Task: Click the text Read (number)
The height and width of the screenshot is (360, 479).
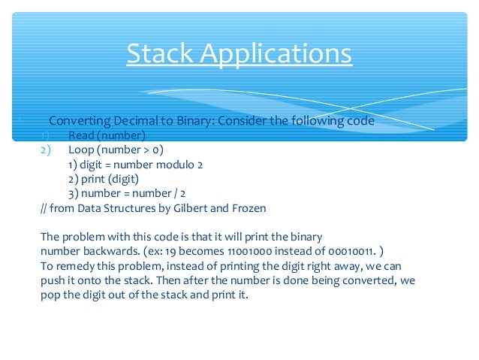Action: tap(106, 135)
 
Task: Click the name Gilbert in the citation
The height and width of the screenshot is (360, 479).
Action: tap(194, 207)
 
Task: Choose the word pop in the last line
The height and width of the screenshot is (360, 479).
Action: tap(50, 295)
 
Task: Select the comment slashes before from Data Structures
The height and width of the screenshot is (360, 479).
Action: tap(44, 207)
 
